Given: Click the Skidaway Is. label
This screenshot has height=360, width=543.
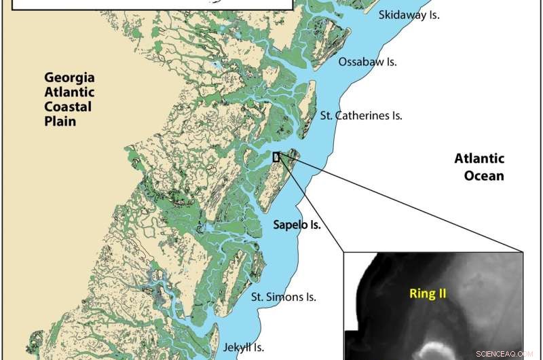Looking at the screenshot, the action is pyautogui.click(x=409, y=14).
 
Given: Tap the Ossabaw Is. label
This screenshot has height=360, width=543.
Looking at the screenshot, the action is pyautogui.click(x=367, y=62).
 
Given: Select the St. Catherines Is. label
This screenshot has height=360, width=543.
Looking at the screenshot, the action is pyautogui.click(x=361, y=116).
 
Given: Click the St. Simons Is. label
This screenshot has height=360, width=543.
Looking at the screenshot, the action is pyautogui.click(x=284, y=297).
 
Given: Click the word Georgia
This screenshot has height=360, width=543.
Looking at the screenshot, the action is pyautogui.click(x=67, y=78).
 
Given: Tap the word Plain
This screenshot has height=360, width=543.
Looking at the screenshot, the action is pyautogui.click(x=57, y=122).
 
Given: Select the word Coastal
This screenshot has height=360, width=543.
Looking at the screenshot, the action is pyautogui.click(x=67, y=107).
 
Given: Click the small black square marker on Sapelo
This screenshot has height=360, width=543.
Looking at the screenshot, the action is pyautogui.click(x=276, y=157).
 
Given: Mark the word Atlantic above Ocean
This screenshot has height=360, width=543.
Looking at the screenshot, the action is pyautogui.click(x=480, y=160).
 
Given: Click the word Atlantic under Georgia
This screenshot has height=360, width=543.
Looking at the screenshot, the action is pyautogui.click(x=67, y=93).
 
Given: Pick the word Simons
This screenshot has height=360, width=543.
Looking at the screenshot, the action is pyautogui.click(x=284, y=297).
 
